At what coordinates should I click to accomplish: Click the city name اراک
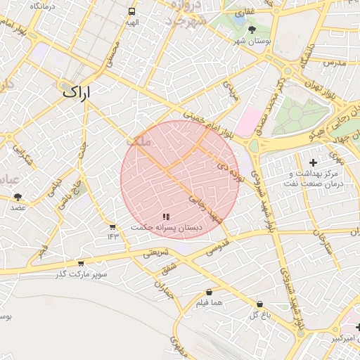point(77,92)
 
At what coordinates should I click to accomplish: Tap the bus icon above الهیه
point(132,12)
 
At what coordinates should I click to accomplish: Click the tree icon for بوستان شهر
point(252,30)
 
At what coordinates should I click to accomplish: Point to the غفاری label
point(244,13)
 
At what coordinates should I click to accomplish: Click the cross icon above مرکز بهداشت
point(313,163)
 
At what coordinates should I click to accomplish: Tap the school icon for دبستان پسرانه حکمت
point(166,217)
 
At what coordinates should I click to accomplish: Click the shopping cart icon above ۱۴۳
point(112,226)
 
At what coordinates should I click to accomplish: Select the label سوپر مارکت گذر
point(82,274)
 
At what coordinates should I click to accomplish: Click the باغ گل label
point(259,314)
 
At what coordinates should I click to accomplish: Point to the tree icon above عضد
point(18,198)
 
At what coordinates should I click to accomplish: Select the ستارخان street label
point(324,243)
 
